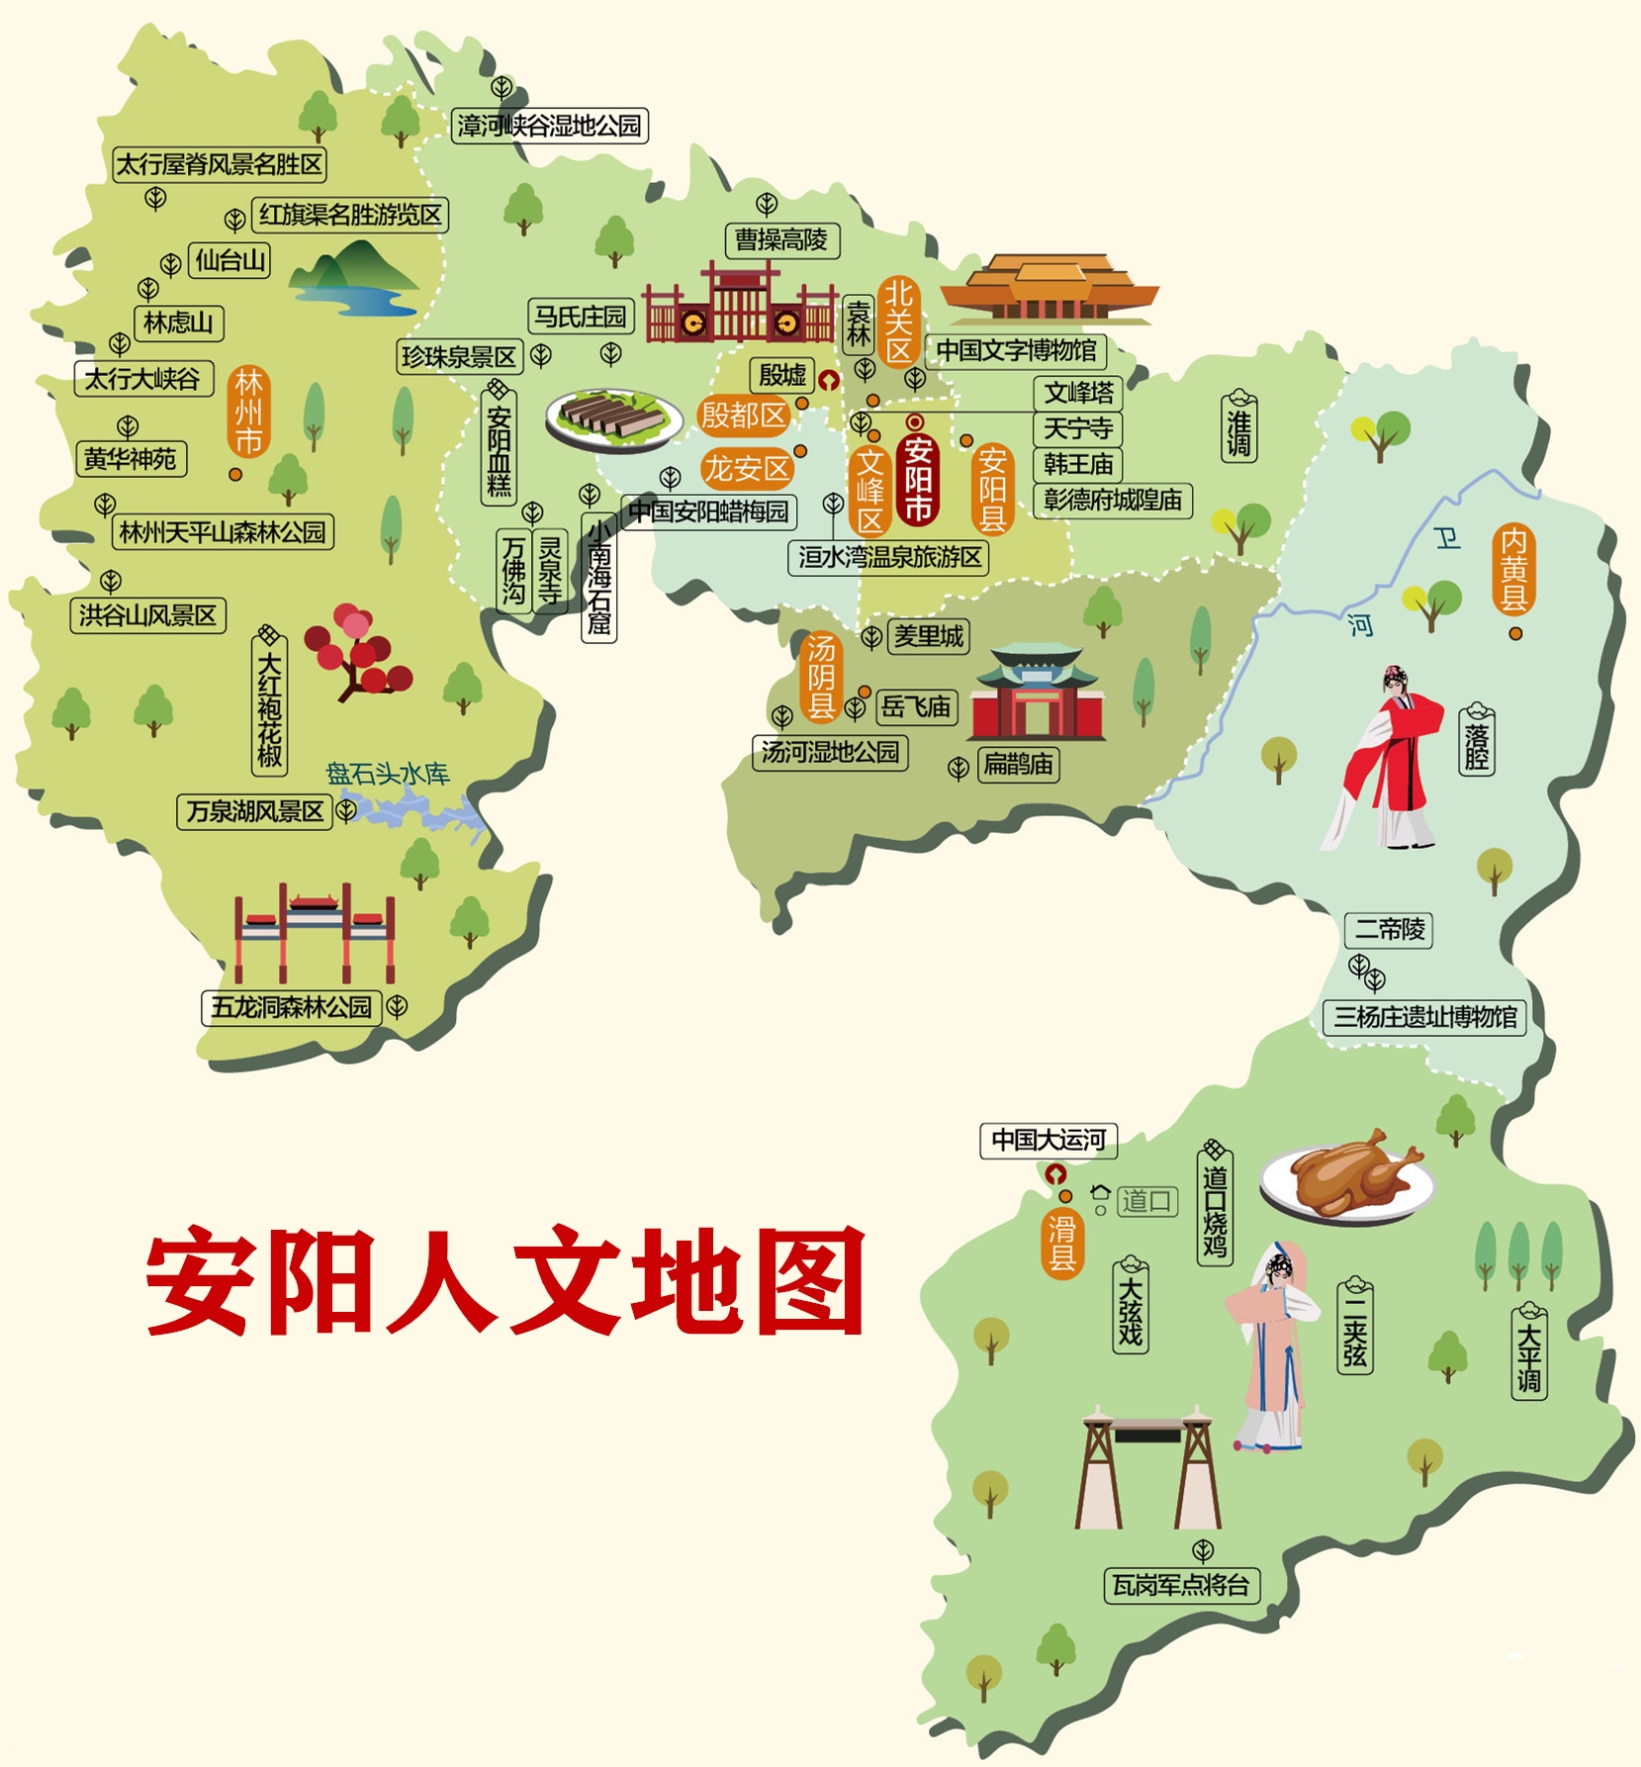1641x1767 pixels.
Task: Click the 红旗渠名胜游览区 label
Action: (x=349, y=215)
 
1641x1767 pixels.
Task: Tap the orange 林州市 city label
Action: (x=248, y=411)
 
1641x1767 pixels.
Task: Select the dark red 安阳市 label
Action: (x=918, y=479)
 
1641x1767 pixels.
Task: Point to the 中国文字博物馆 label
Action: (x=1016, y=351)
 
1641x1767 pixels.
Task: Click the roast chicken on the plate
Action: (x=1345, y=1175)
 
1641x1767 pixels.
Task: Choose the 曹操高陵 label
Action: (x=781, y=239)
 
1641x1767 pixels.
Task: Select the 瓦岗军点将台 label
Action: (x=1181, y=1585)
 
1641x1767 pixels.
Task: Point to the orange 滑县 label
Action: (x=1061, y=1244)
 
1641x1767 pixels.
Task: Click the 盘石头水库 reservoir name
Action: (x=388, y=774)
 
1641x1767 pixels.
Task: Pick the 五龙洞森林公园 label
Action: (x=292, y=1007)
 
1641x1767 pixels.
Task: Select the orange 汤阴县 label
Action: (x=821, y=677)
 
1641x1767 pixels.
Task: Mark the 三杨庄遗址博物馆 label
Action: (x=1424, y=1017)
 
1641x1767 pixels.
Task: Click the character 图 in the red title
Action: (x=810, y=1281)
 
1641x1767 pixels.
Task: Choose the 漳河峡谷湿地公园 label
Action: (x=549, y=126)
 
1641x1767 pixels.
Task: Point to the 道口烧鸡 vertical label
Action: (x=1215, y=1211)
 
